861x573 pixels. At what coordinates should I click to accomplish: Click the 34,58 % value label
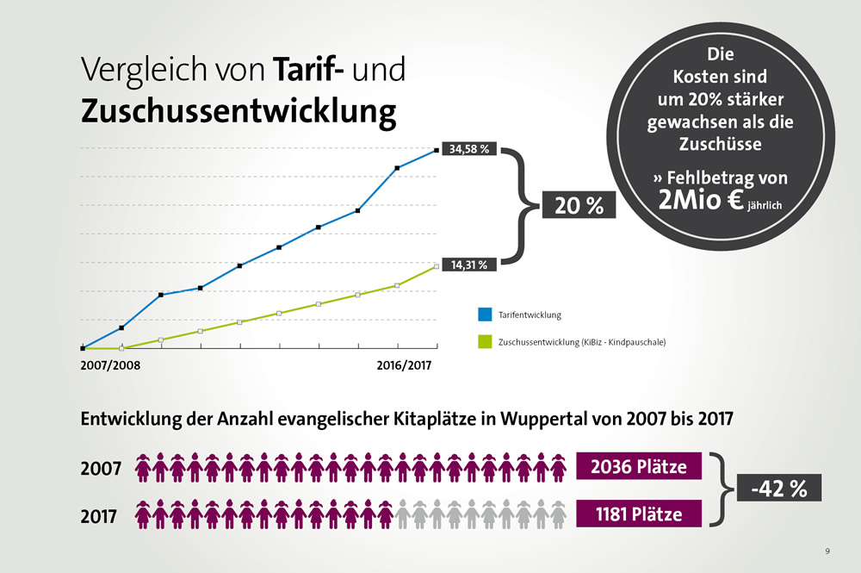click(469, 149)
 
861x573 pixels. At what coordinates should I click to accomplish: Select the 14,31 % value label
click(469, 265)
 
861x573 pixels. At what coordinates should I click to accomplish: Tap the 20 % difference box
click(579, 206)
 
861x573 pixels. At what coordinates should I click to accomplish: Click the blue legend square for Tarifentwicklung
click(483, 315)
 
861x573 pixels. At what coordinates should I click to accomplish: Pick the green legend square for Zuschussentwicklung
click(483, 342)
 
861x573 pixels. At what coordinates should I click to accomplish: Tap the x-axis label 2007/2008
click(110, 365)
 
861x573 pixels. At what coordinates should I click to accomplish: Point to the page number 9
click(827, 550)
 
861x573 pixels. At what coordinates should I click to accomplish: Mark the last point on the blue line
click(437, 150)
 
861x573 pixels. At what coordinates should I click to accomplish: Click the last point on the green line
click(437, 266)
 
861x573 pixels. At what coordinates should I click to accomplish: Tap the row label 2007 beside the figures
click(101, 470)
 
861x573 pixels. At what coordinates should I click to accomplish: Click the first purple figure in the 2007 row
click(142, 467)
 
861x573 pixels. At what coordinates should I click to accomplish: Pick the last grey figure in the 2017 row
click(558, 514)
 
